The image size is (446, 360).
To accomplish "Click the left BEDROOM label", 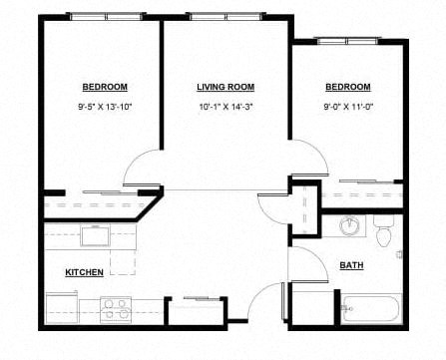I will [x=104, y=87].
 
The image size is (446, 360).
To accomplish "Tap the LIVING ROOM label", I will [x=225, y=87].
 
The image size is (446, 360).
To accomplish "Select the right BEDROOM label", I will [x=347, y=87].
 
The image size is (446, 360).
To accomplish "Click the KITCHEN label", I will [x=85, y=271].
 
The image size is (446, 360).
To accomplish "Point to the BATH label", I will [x=351, y=265].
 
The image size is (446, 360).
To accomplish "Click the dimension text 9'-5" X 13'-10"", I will [x=104, y=106].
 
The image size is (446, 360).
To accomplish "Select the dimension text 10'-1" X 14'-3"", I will [x=225, y=106].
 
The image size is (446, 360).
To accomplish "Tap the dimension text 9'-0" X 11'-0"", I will [x=347, y=106].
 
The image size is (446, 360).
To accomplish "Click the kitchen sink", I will [x=96, y=236].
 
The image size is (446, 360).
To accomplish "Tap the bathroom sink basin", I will [x=349, y=226].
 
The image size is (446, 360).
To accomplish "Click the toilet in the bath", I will [x=383, y=235].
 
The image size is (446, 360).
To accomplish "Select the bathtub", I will [x=370, y=308].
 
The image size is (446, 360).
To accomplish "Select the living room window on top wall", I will [x=225, y=17].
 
